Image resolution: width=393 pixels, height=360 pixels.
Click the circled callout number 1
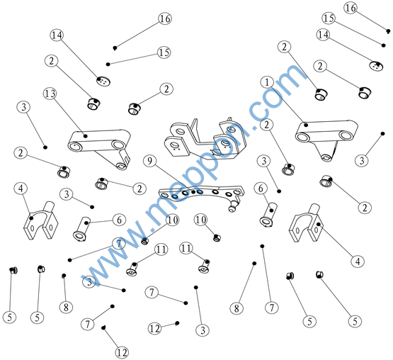click(x=267, y=82)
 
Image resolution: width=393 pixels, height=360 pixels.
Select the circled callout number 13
click(x=50, y=94)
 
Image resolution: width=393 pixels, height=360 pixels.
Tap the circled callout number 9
click(x=149, y=161)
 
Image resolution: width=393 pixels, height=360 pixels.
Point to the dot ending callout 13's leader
click(x=86, y=136)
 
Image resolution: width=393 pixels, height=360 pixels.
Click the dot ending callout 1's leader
click(x=306, y=125)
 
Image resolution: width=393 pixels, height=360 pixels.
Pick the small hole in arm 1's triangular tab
click(x=326, y=157)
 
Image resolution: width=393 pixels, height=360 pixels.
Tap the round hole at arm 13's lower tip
click(x=121, y=166)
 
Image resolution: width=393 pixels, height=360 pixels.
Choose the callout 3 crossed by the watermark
click(x=89, y=281)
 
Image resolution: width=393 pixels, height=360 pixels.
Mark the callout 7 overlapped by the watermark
click(x=119, y=244)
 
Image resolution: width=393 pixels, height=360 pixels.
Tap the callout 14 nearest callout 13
click(x=57, y=35)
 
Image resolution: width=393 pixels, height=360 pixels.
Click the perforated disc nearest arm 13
click(x=103, y=81)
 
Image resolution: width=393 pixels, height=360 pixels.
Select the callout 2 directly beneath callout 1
click(x=266, y=125)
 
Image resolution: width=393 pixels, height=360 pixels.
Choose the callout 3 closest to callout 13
click(x=23, y=107)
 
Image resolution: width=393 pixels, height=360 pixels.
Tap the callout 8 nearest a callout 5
click(x=66, y=307)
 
